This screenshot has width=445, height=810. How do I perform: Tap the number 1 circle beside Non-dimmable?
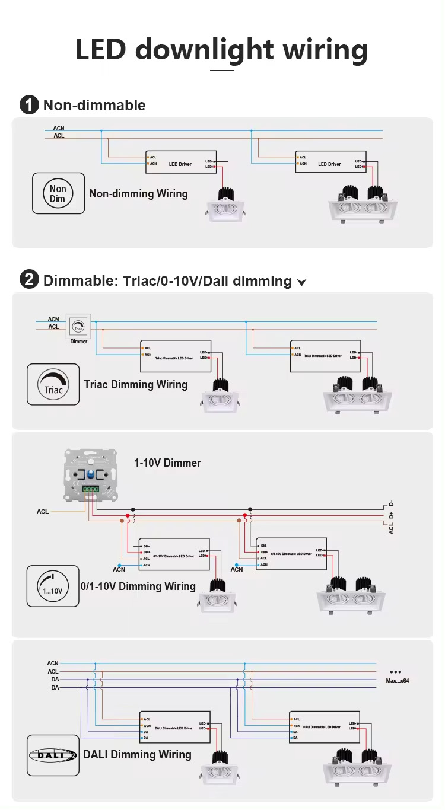tap(29, 106)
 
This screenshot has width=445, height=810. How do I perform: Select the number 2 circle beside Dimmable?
tap(29, 280)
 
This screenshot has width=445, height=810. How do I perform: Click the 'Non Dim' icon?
tap(58, 193)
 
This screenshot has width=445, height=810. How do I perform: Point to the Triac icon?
tap(53, 384)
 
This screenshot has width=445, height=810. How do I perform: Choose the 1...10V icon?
tap(53, 586)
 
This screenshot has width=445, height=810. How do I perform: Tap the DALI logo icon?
tap(53, 755)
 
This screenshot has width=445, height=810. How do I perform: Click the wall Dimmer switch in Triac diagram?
tap(78, 326)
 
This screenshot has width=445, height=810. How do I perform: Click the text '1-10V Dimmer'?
tap(167, 463)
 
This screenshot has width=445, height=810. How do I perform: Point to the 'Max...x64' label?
tap(397, 681)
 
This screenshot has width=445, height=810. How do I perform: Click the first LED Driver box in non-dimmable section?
tap(180, 162)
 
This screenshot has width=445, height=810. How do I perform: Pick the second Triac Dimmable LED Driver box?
tap(325, 356)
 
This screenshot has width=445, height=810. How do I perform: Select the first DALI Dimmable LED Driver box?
tap(175, 727)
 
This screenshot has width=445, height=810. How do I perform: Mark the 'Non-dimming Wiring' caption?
tap(138, 194)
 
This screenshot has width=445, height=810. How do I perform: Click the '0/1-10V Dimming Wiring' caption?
tap(138, 586)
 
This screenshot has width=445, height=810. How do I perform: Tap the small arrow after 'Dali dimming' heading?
tap(301, 282)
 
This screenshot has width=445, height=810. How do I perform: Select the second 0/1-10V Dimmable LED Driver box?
tap(291, 554)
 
